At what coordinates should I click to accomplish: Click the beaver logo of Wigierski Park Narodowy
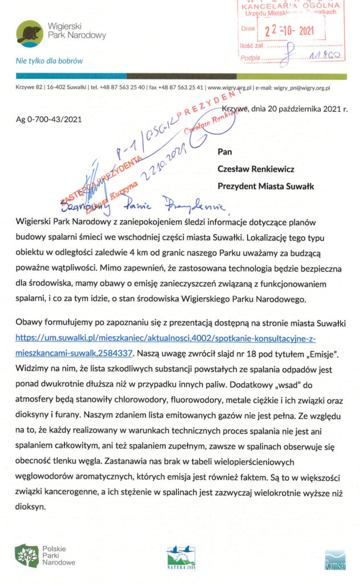(29, 34)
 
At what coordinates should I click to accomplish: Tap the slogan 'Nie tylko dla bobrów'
(50, 60)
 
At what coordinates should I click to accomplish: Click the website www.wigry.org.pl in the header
(229, 88)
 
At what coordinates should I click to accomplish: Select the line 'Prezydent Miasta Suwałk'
(266, 185)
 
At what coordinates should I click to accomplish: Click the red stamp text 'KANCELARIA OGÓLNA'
(291, 6)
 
